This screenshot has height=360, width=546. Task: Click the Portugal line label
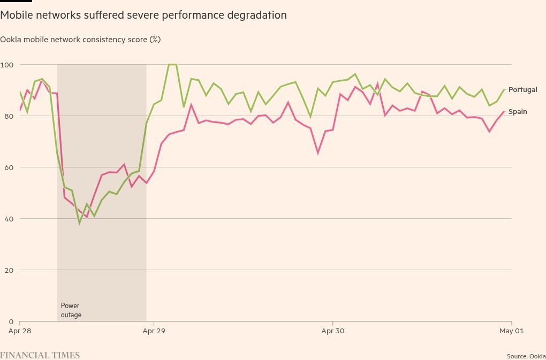click(522, 90)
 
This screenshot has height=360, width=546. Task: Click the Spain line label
click(518, 112)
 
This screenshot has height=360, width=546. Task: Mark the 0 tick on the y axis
click(11, 321)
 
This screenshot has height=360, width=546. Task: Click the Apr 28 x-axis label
click(20, 331)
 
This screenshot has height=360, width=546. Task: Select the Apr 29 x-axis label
click(154, 331)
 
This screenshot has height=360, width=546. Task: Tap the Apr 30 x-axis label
click(333, 331)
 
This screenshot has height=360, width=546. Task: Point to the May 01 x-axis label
click(511, 331)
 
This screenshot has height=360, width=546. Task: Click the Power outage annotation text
click(71, 310)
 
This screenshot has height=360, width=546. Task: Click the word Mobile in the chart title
click(14, 15)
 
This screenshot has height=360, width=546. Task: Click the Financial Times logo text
click(40, 355)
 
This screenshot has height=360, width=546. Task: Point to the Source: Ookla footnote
click(526, 356)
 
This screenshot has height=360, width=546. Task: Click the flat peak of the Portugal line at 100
click(172, 64)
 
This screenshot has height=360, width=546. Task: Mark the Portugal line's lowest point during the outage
click(79, 223)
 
